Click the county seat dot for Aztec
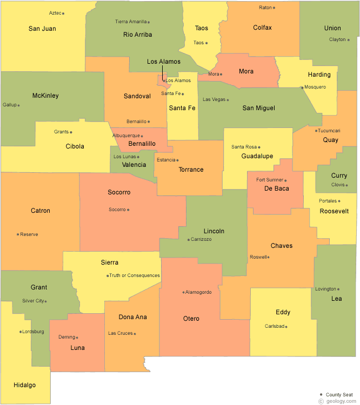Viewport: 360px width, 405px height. pyautogui.click(x=63, y=13)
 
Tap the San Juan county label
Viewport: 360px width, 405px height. pyautogui.click(x=42, y=29)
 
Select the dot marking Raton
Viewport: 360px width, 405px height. pyautogui.click(x=274, y=8)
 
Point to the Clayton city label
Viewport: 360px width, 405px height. pyautogui.click(x=337, y=39)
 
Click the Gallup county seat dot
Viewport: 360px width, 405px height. pyautogui.click(x=18, y=105)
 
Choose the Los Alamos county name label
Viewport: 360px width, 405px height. pyautogui.click(x=164, y=62)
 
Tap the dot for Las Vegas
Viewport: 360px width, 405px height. pyautogui.click(x=228, y=100)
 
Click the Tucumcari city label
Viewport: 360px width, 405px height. pyautogui.click(x=329, y=131)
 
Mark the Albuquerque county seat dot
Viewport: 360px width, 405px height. pyautogui.click(x=142, y=136)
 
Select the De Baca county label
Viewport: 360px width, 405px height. pyautogui.click(x=277, y=188)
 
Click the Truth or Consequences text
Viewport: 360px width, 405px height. pyautogui.click(x=135, y=275)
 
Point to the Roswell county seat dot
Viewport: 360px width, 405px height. pyautogui.click(x=269, y=257)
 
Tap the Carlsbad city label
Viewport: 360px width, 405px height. pyautogui.click(x=274, y=326)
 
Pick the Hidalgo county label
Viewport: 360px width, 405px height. pyautogui.click(x=25, y=385)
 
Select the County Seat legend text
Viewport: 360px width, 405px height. pyautogui.click(x=339, y=395)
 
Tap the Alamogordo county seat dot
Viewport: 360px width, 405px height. pyautogui.click(x=183, y=292)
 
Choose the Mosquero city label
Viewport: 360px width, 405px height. pyautogui.click(x=315, y=87)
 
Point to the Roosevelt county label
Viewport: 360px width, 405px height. pyautogui.click(x=334, y=211)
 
